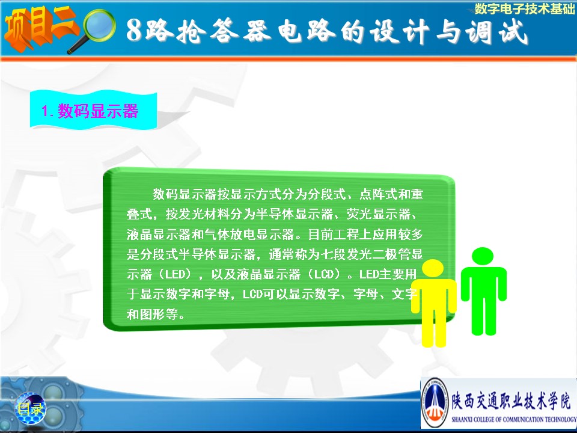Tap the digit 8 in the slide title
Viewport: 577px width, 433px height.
[x=134, y=30]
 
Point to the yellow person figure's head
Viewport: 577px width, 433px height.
[x=433, y=268]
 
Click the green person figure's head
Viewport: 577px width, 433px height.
[x=483, y=256]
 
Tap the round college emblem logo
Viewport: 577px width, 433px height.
[x=435, y=402]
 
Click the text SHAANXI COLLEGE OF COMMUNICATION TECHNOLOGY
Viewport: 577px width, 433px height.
[x=514, y=419]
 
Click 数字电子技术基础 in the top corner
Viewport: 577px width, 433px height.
[x=524, y=8]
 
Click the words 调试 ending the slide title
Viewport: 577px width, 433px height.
[x=497, y=31]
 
